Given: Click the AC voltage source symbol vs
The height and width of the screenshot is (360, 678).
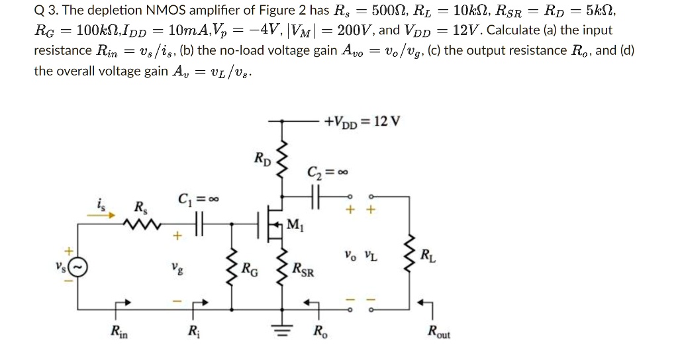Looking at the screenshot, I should tap(77, 267).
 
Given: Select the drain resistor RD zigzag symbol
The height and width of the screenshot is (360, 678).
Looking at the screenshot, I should tap(283, 160).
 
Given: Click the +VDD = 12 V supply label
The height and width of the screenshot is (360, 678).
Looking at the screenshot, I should tap(362, 122).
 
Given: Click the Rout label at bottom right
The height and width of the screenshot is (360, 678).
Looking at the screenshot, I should tap(438, 333).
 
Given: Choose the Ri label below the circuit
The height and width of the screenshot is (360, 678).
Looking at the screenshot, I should tap(192, 332).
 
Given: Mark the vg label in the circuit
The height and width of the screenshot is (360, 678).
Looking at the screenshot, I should tap(175, 269).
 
